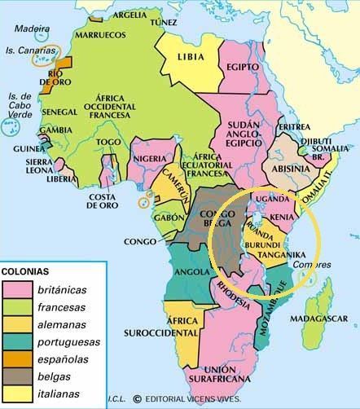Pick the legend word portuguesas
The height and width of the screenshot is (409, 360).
[70, 341]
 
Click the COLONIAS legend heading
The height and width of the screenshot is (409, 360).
[32, 270]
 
